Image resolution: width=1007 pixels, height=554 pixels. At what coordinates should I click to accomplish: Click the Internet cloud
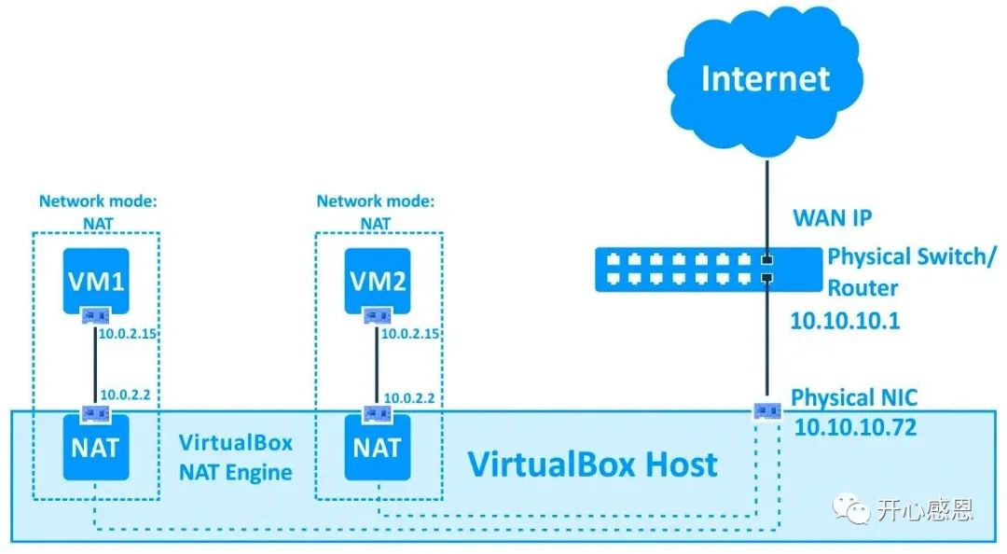[766, 80]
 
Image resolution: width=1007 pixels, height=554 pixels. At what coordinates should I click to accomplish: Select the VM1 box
[96, 281]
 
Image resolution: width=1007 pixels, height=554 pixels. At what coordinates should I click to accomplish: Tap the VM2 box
[378, 281]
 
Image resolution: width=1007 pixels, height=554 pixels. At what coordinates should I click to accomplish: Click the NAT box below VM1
[96, 448]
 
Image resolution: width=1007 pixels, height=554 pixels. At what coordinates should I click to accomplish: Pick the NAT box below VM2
[378, 448]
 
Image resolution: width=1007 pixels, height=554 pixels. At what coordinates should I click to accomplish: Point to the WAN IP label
[833, 218]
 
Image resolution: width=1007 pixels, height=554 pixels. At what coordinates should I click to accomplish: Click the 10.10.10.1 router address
[845, 320]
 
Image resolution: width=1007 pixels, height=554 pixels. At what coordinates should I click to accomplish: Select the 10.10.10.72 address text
[855, 427]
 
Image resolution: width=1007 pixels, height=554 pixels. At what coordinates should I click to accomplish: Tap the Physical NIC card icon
[767, 410]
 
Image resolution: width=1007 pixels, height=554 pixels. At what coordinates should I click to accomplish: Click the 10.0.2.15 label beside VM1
[128, 334]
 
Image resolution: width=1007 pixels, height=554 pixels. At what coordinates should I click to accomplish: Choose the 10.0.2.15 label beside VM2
[410, 334]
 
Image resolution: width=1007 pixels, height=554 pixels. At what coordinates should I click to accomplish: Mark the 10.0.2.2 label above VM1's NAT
[125, 395]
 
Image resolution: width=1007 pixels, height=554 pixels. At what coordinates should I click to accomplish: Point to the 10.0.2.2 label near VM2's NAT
[409, 398]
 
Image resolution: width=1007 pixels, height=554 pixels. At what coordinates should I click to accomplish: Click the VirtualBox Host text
[592, 464]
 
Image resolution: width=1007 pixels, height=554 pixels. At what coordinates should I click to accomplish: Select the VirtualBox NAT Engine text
[236, 457]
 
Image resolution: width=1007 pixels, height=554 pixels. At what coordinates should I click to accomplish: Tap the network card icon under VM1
[96, 316]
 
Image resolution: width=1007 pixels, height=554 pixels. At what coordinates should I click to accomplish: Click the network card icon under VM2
[378, 316]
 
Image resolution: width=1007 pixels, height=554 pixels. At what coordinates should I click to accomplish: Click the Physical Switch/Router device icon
[709, 270]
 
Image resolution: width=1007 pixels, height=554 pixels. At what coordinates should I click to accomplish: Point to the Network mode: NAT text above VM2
[376, 212]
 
